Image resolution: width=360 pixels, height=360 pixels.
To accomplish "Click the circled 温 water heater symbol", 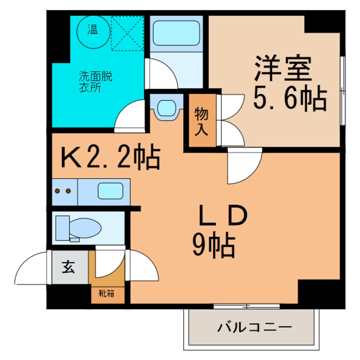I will [x=92, y=30].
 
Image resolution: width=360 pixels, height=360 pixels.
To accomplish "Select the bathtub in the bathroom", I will [x=176, y=34].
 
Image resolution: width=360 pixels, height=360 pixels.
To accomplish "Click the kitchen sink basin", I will [x=110, y=191].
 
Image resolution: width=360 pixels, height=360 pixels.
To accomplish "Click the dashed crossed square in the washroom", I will [x=128, y=33].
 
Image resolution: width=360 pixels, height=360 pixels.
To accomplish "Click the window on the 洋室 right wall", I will [x=343, y=90].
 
